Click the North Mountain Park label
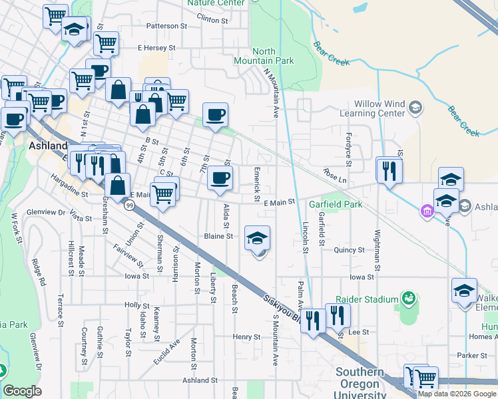click(273, 56)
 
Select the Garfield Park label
click(335, 204)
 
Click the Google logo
click(22, 391)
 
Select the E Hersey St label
click(156, 48)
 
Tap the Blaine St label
click(218, 236)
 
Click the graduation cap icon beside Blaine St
click(257, 238)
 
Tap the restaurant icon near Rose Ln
click(389, 170)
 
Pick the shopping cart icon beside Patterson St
click(106, 43)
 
